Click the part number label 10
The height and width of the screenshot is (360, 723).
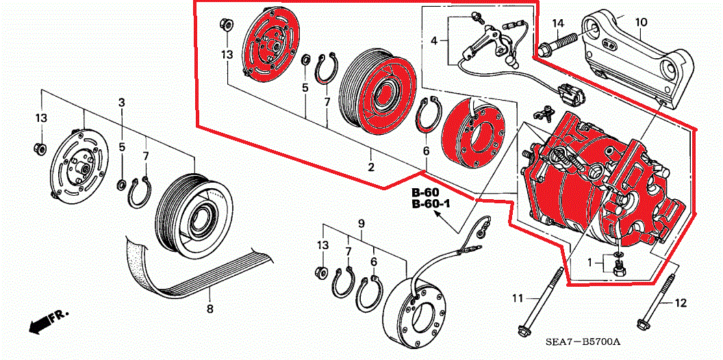click(641, 22)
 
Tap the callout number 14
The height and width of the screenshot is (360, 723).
click(558, 24)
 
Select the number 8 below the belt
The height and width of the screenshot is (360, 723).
click(210, 309)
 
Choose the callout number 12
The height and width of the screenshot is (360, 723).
click(680, 303)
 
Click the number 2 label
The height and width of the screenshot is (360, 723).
click(371, 168)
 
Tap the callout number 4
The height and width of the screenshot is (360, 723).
click(433, 42)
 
